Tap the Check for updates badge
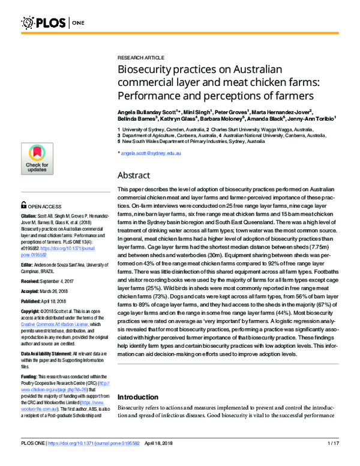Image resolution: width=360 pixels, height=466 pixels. point(37,159)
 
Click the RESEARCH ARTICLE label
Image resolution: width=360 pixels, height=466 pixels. point(139,53)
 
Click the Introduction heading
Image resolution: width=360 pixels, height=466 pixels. point(137,397)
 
